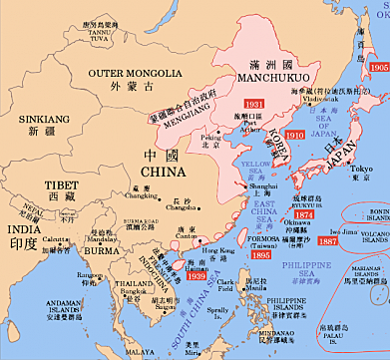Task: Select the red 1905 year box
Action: pos(378,67)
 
